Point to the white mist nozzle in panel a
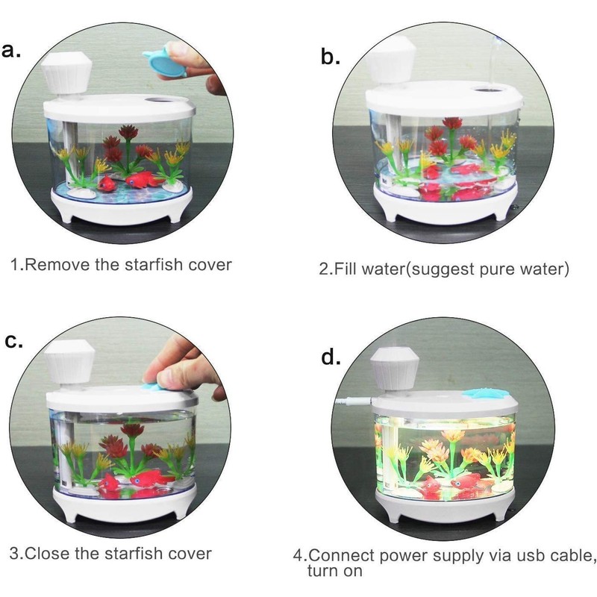66,75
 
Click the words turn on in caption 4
334,572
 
